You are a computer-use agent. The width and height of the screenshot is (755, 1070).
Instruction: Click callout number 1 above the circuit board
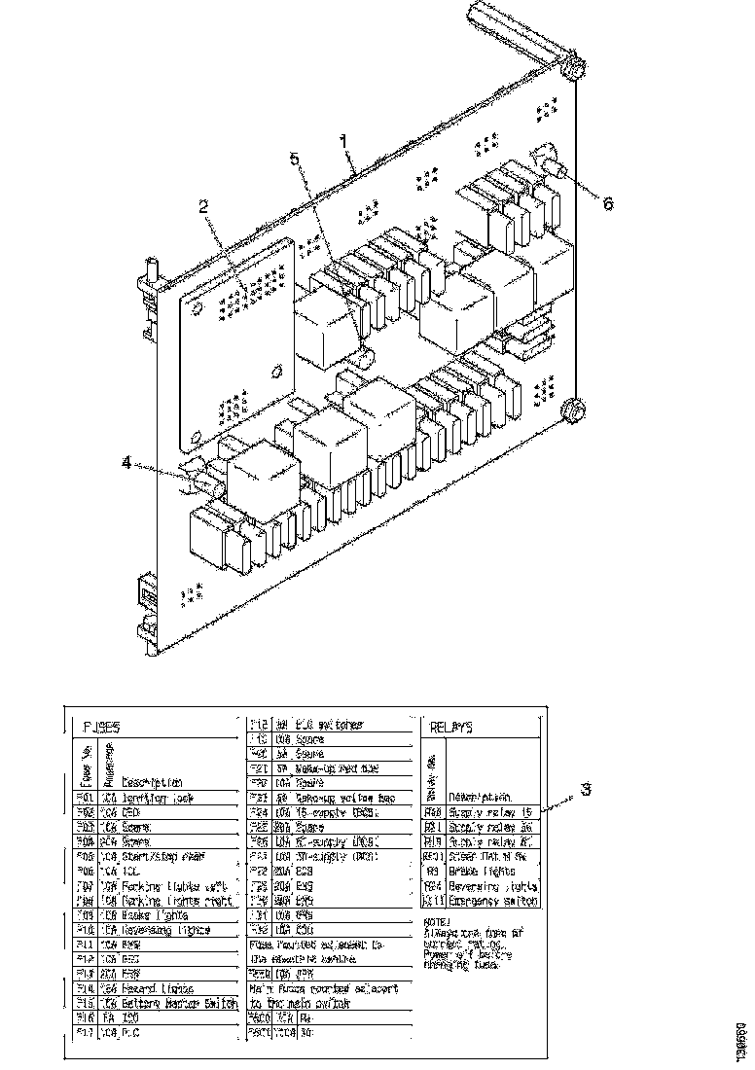click(x=342, y=140)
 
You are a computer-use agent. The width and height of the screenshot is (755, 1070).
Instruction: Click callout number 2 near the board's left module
click(x=203, y=205)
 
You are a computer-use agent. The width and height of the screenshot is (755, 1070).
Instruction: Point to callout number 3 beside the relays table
click(x=585, y=790)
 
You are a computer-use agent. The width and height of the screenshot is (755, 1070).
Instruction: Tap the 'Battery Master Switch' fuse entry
click(x=170, y=1002)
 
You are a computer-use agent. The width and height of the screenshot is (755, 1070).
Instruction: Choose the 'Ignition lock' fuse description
click(x=157, y=797)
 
